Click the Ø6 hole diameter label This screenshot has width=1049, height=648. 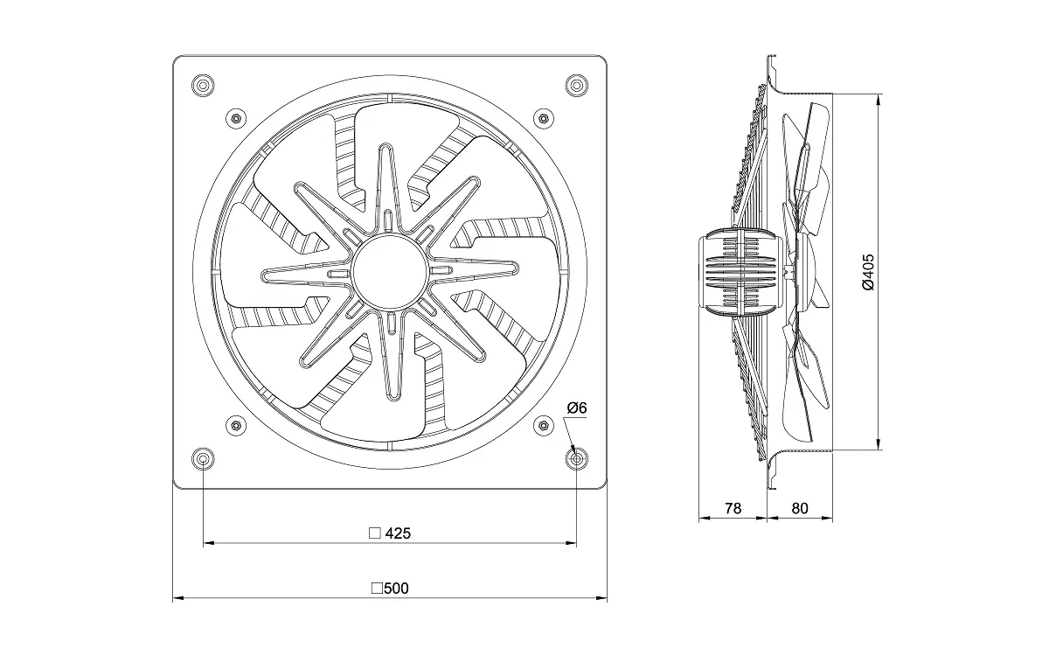coord(577,408)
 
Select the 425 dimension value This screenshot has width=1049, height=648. coord(398,533)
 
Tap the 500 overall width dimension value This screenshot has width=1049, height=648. coord(396,588)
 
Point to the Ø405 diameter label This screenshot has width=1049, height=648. coord(868,272)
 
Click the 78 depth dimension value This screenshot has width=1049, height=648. coord(733,508)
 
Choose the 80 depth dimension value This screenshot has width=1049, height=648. coord(800,508)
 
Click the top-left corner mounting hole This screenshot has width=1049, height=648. coord(203,86)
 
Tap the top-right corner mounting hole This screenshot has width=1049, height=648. coord(576,86)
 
